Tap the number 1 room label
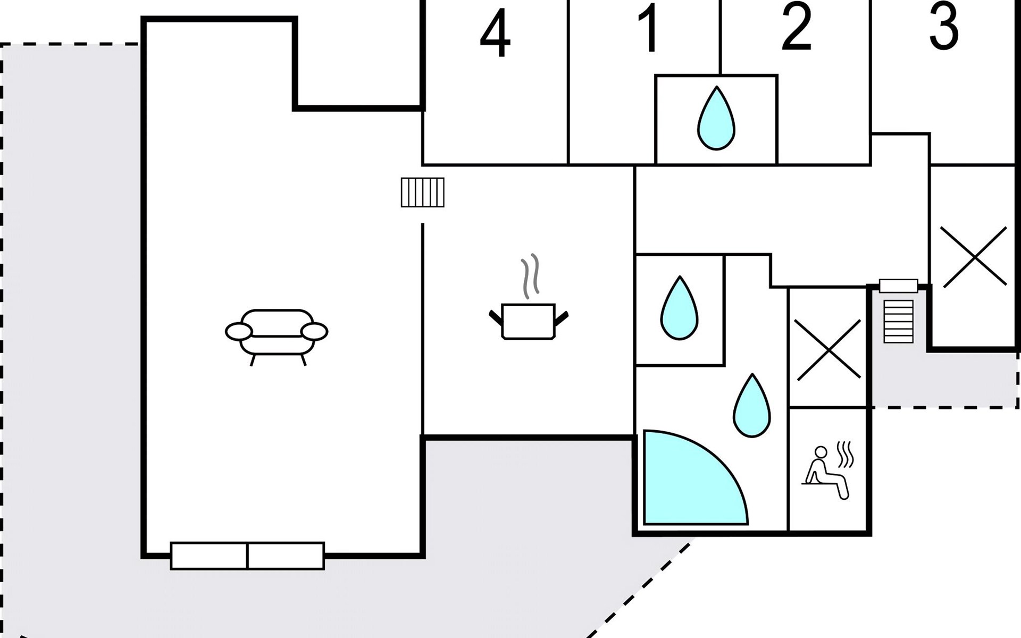(x=648, y=29)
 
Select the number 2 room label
(x=796, y=28)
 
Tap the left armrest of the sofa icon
(x=238, y=331)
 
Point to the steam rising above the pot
(x=530, y=275)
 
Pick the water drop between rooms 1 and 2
(x=716, y=119)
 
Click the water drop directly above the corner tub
(x=751, y=406)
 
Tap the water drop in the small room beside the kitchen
(x=679, y=309)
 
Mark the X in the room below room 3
(x=974, y=257)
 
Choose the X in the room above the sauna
(x=828, y=350)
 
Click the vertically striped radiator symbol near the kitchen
(x=422, y=192)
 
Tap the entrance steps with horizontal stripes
(x=899, y=321)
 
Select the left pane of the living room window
(x=209, y=556)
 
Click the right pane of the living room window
(x=286, y=556)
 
